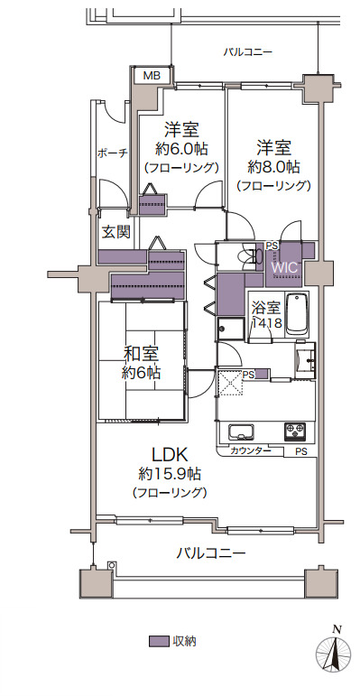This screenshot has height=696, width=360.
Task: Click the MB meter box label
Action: pos(151,76)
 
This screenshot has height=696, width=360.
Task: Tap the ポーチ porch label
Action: pos(112,153)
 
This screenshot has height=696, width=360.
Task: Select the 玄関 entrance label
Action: pos(116,232)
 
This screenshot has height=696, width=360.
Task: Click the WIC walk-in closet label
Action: pos(283,268)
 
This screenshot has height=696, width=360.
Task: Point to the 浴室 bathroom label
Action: pos(267,308)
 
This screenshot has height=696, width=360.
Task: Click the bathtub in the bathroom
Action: pos(298,315)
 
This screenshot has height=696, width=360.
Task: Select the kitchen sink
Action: pos(241,432)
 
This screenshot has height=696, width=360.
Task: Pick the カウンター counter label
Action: pos(250,451)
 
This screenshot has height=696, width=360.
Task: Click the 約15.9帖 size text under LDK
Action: pos(170,474)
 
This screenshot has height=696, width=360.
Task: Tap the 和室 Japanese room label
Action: pos(141,355)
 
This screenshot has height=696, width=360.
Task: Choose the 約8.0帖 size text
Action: pos(273,167)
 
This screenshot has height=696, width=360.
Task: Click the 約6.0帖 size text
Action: pos(181,149)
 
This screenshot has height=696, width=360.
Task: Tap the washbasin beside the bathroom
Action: pos(305,360)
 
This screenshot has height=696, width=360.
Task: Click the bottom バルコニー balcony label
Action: pos(211,553)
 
